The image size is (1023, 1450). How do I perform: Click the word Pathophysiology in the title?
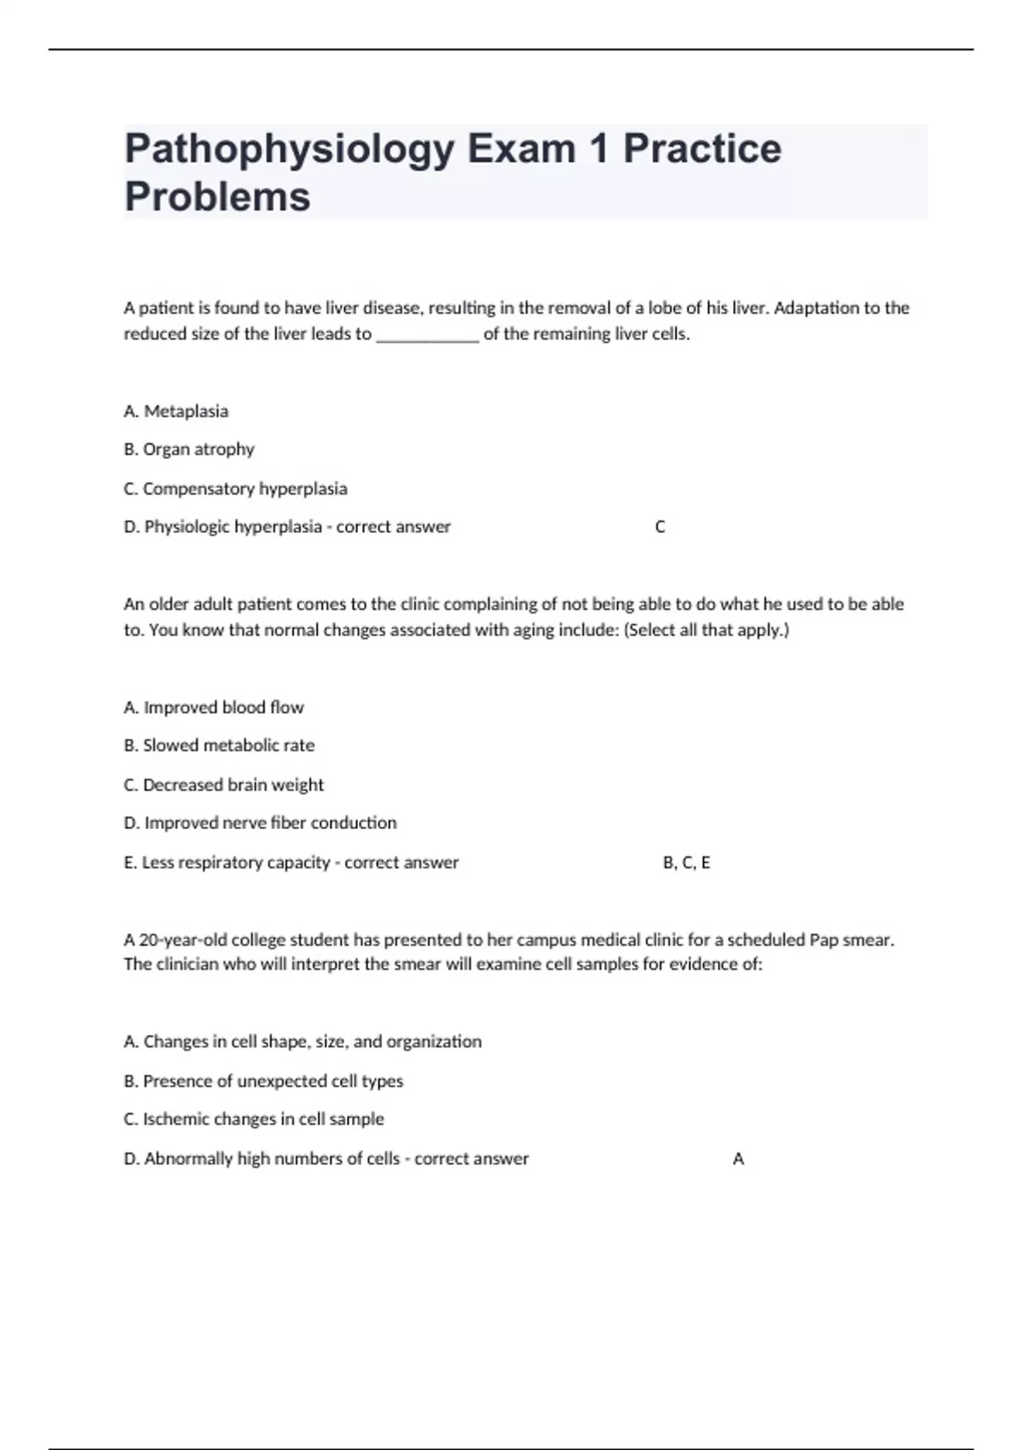[x=289, y=149]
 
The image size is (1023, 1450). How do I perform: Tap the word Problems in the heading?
[x=217, y=197]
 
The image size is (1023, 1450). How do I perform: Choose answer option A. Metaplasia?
[x=176, y=411]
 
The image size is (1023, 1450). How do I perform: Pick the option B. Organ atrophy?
[x=188, y=449]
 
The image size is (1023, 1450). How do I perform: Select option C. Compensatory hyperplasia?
[x=235, y=489]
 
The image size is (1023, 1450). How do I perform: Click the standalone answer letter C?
[x=660, y=527]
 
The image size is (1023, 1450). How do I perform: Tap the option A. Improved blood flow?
[x=213, y=707]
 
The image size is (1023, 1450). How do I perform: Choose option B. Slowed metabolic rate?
[x=219, y=745]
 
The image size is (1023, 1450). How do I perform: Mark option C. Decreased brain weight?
[x=223, y=785]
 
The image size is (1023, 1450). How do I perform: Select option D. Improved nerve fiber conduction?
[x=260, y=823]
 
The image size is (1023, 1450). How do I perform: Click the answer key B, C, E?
[x=686, y=862]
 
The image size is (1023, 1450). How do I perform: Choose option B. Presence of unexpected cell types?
[x=263, y=1081]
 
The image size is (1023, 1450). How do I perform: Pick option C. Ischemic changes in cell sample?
[x=254, y=1119]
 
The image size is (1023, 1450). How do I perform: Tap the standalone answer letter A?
[x=738, y=1158]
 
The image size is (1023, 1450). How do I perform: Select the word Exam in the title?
[x=520, y=149]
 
